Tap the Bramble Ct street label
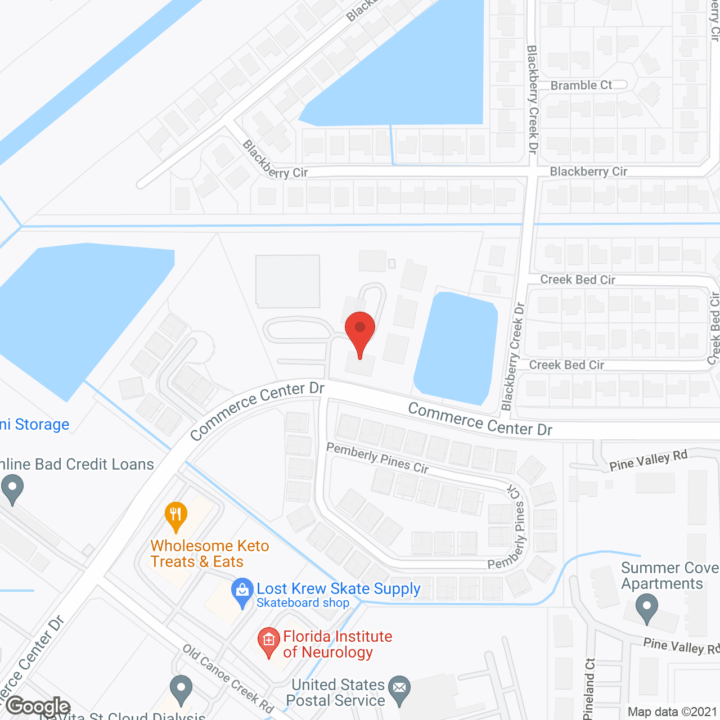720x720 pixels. tap(581, 85)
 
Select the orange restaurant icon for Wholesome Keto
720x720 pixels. tap(176, 515)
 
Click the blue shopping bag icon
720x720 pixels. tap(242, 592)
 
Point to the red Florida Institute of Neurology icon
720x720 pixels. tap(269, 641)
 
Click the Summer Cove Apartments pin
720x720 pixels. tap(647, 609)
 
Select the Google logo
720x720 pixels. tap(38, 706)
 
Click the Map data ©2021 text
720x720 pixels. tap(672, 712)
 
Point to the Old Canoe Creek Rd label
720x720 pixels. tap(228, 678)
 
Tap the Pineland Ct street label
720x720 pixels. tap(589, 688)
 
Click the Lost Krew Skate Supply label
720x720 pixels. tap(339, 588)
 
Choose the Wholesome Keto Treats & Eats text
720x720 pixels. tap(209, 553)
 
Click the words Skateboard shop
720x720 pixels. tap(303, 603)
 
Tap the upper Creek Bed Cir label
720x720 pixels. tap(578, 280)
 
